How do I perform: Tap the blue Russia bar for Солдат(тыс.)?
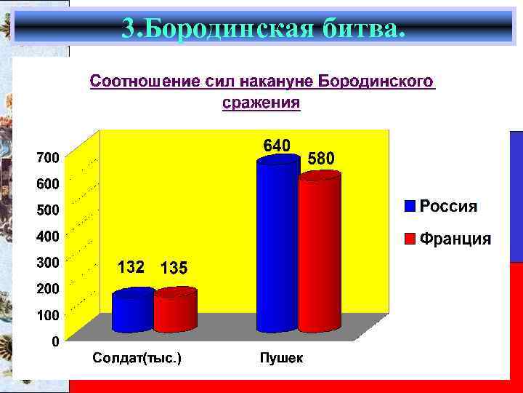point(133,311)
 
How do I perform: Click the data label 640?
point(276,145)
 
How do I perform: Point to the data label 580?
point(322,158)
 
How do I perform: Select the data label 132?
point(131,267)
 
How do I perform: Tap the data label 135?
point(174,269)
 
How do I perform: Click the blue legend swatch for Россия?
point(410,206)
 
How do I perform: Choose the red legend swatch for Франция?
point(410,239)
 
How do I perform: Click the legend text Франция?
point(455,239)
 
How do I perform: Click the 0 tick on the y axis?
point(55,341)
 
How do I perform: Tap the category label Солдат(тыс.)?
point(137,358)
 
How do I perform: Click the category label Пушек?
point(281,358)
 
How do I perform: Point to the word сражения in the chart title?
point(261,103)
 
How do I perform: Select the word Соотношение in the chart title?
point(134,82)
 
